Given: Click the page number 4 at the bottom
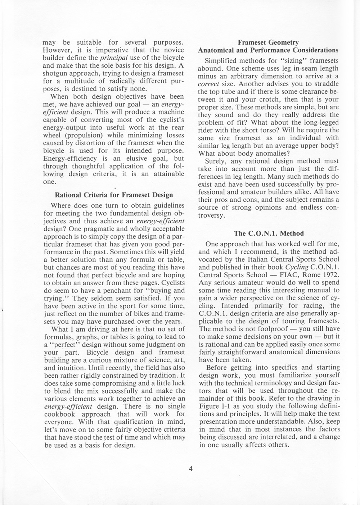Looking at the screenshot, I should [x=191, y=468].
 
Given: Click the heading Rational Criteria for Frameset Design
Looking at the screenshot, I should [x=114, y=195].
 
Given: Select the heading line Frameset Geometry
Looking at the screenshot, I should [x=268, y=42].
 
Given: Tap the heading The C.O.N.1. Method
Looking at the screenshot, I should [x=269, y=233].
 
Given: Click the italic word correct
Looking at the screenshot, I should [x=210, y=84].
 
